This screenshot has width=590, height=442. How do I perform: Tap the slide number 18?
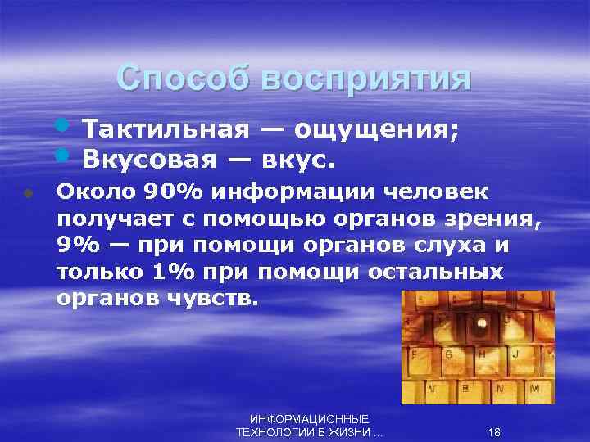pos(494,431)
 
